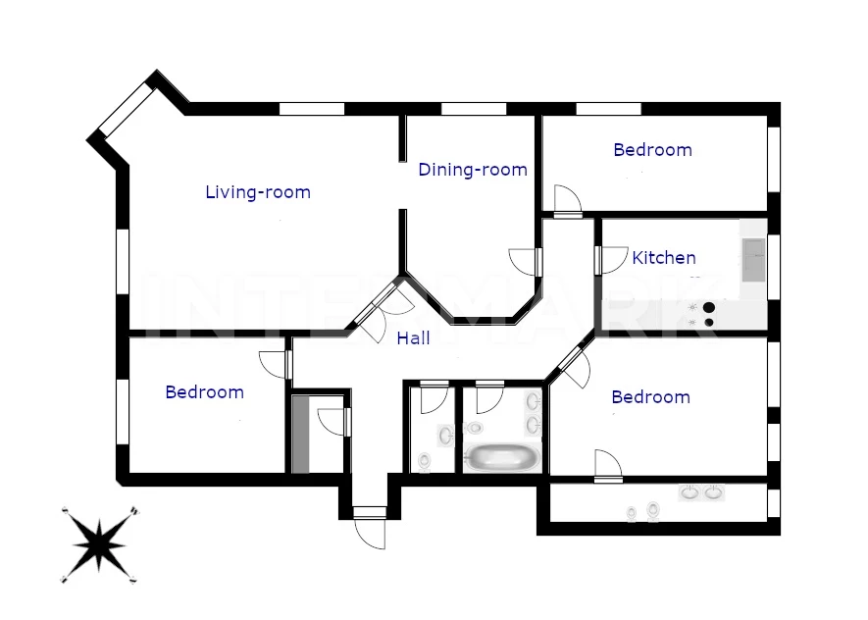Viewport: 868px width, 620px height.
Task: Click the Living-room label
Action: (x=258, y=192)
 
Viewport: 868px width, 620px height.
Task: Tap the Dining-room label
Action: (x=473, y=170)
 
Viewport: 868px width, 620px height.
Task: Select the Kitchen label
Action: (x=664, y=257)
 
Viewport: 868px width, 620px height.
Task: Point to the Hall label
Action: (x=414, y=338)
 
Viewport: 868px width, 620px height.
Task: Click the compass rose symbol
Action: (x=99, y=544)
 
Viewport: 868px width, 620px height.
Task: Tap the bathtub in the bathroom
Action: (x=501, y=457)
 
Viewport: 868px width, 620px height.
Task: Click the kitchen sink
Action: (x=753, y=260)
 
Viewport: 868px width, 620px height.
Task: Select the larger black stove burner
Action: (x=708, y=307)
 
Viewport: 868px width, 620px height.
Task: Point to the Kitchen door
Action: (x=611, y=260)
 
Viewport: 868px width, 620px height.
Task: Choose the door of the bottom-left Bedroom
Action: (x=276, y=365)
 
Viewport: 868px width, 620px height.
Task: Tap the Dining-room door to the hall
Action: (x=525, y=262)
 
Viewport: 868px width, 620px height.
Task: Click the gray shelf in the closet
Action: (x=300, y=435)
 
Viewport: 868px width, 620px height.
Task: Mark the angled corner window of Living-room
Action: (x=126, y=109)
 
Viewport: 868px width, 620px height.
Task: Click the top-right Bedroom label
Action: (x=652, y=150)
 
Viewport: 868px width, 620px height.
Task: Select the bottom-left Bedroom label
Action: (x=204, y=392)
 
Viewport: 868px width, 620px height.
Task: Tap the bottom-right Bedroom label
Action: (x=650, y=397)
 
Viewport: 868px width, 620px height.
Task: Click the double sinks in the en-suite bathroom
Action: (x=701, y=492)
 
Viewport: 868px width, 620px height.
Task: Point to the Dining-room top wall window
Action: (x=474, y=109)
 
